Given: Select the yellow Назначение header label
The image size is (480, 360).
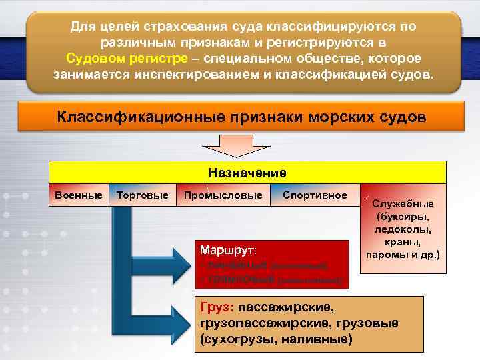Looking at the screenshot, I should [247, 173].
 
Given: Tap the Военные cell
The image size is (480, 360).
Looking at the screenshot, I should [79, 195].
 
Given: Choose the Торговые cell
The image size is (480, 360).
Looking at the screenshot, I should [142, 195].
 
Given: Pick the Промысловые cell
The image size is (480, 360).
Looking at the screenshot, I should [223, 195].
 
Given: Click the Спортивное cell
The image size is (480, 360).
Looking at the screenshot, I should [315, 195].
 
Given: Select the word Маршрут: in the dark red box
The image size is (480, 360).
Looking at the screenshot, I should [228, 251].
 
